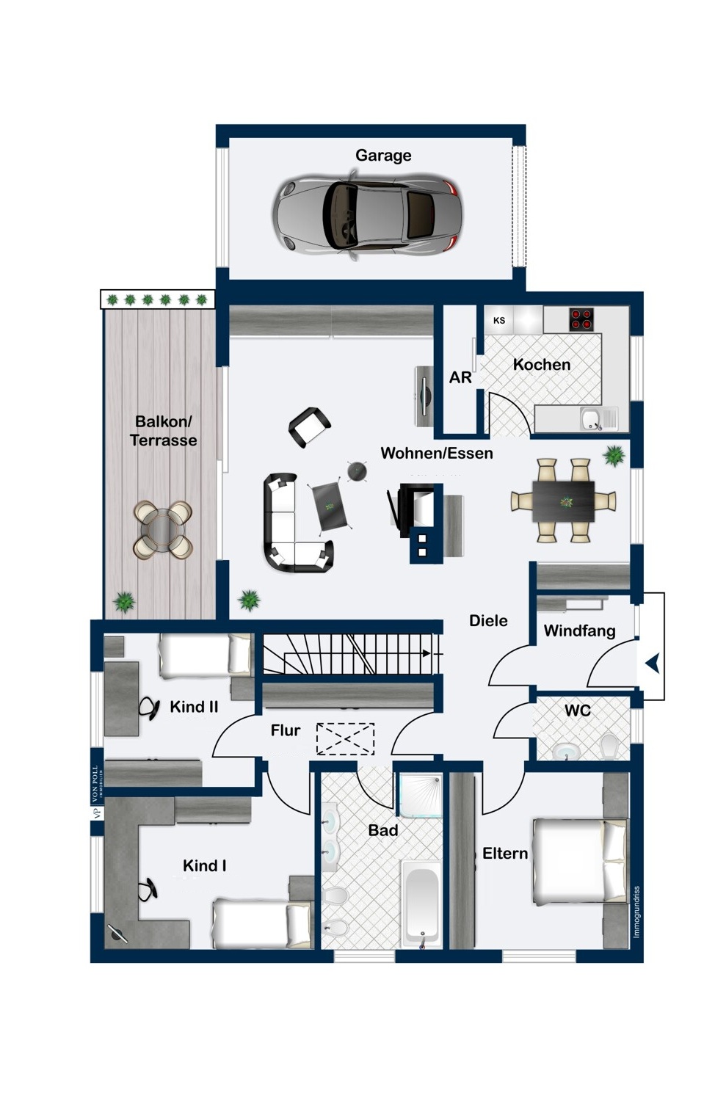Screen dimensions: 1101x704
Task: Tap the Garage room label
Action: tap(383, 156)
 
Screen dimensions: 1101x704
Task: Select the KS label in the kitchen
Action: tap(499, 321)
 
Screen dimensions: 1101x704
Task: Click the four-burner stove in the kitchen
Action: tap(581, 319)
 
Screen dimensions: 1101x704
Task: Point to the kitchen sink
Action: tap(591, 418)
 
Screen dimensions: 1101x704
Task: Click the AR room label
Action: tap(460, 377)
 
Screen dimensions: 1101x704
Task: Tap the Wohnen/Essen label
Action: tap(436, 454)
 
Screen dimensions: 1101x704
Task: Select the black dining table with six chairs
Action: tap(564, 501)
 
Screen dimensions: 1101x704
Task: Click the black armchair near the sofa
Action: tap(309, 427)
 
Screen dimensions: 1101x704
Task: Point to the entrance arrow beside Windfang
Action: tap(652, 664)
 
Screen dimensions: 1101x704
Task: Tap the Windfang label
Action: tap(579, 631)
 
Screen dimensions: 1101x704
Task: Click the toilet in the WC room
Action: tap(611, 746)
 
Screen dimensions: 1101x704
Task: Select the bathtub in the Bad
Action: tap(421, 904)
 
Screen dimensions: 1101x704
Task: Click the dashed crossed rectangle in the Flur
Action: tap(345, 739)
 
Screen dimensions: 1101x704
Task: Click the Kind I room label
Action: tap(204, 866)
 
